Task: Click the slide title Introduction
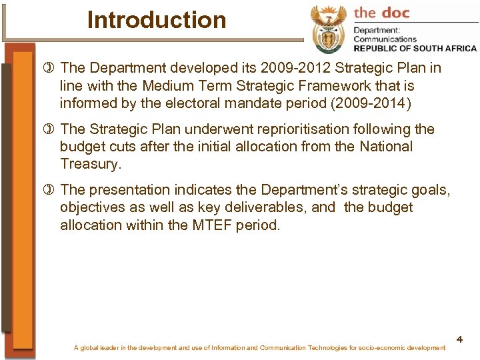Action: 157,20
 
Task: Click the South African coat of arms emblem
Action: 329,30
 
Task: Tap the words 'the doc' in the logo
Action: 383,12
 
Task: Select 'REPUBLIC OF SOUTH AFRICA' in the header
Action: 415,48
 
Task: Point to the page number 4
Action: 460,340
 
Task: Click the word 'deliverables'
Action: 267,208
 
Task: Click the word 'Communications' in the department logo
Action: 385,39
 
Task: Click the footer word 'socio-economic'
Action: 389,348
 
